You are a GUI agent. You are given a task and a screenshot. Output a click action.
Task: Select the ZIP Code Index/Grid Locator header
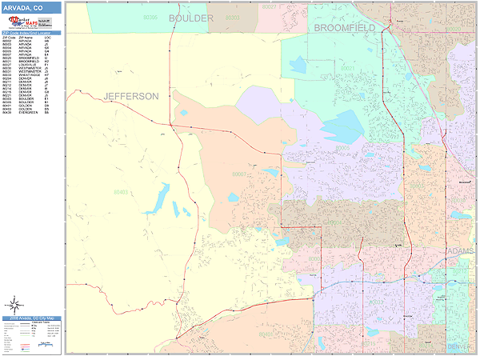point(30,34)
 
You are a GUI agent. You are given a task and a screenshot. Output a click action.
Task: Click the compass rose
point(14,304)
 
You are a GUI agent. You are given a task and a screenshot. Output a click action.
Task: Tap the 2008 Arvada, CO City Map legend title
point(30,318)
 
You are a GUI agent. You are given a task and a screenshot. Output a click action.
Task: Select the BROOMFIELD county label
point(344,27)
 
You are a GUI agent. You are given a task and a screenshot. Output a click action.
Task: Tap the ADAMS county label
point(459,251)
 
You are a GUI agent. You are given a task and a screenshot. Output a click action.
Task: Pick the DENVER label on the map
point(459,346)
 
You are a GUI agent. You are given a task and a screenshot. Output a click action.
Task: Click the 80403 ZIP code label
point(121,193)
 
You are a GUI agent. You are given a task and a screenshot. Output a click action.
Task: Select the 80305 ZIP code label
point(150,16)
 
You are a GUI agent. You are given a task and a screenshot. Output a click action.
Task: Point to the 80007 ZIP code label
point(238,174)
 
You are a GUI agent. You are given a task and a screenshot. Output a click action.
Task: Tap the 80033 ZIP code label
point(370,343)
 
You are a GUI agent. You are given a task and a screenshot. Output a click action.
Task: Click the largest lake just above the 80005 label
point(342,126)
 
